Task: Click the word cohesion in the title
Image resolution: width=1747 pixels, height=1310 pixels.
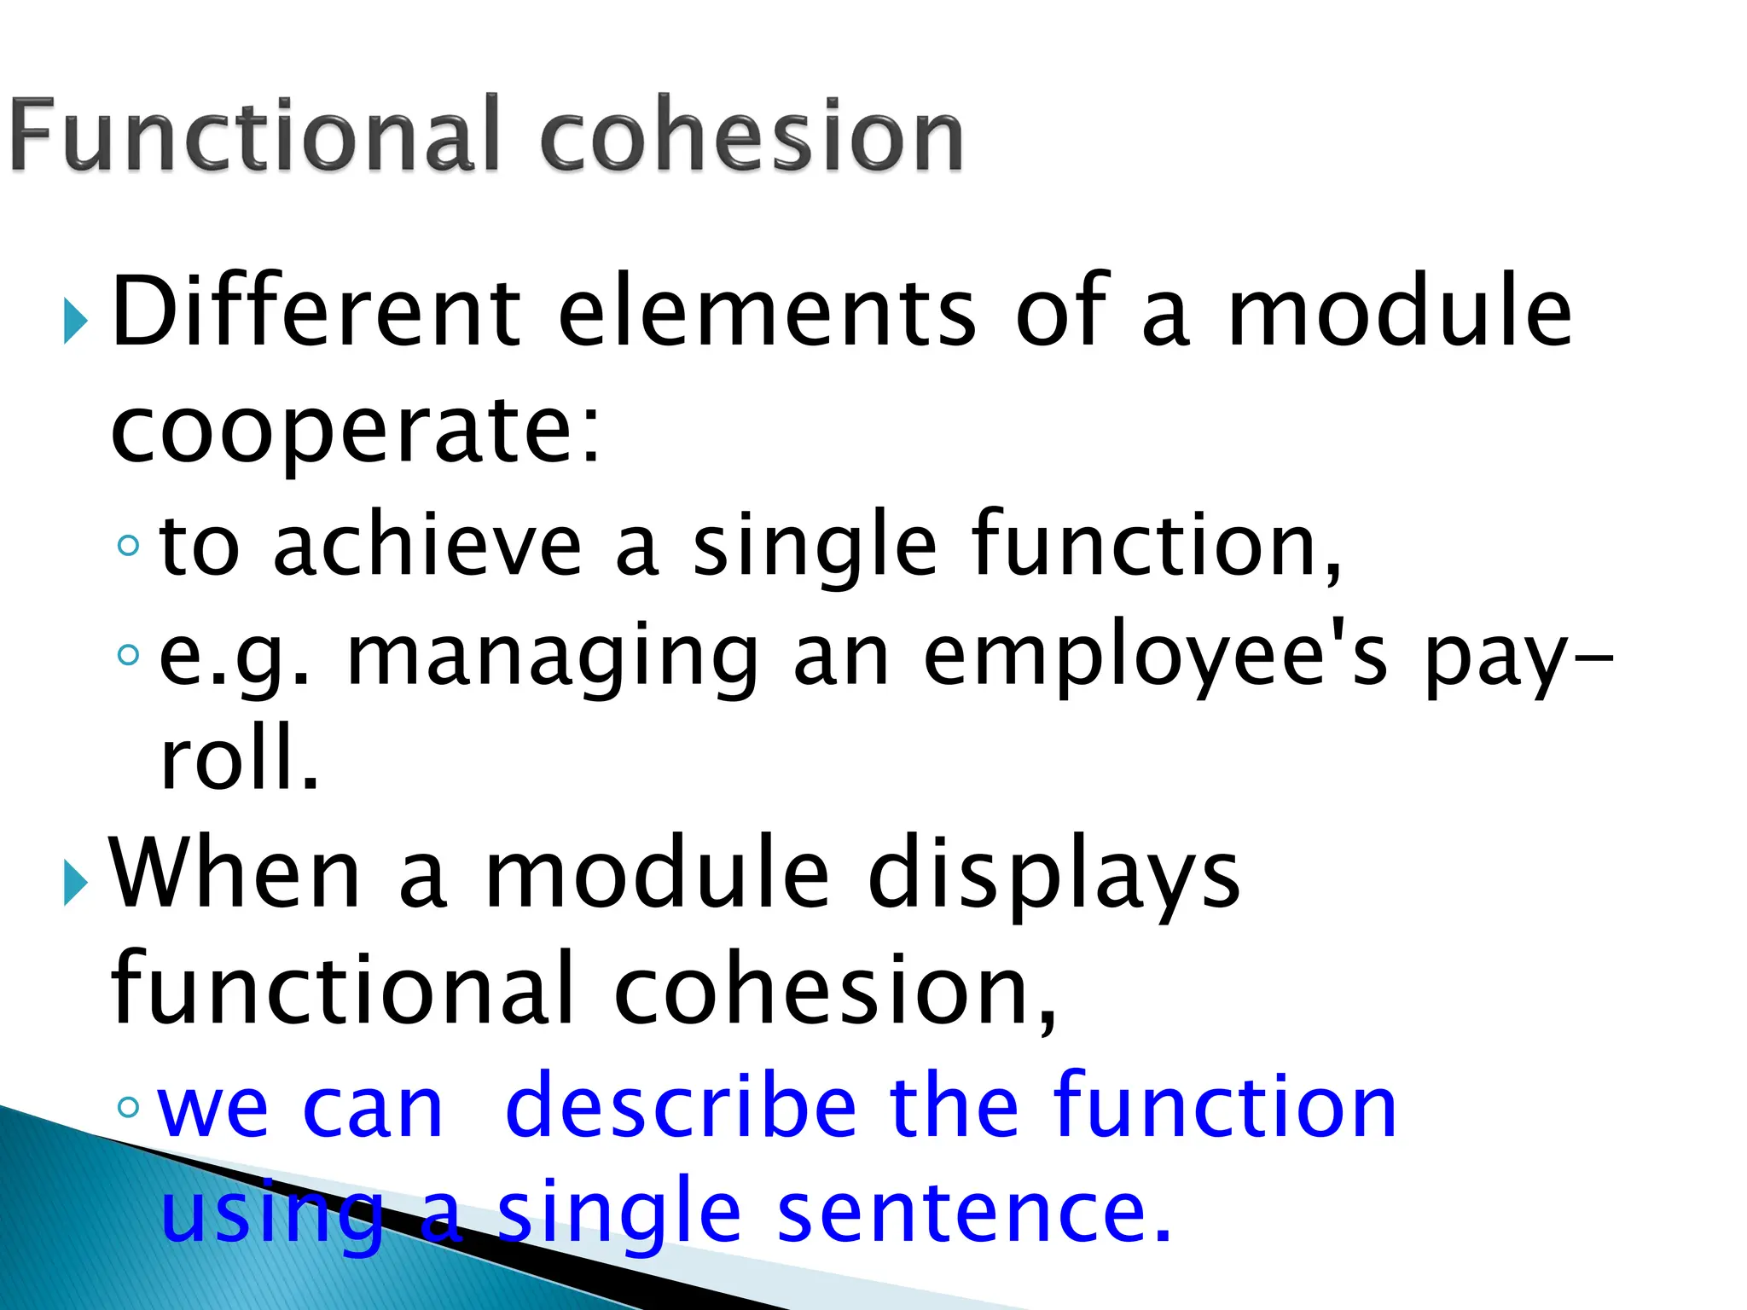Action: (752, 135)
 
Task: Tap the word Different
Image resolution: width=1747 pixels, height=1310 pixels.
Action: (316, 311)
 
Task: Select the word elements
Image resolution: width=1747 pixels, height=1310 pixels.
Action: (767, 311)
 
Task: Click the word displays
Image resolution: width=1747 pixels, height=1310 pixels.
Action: (1053, 874)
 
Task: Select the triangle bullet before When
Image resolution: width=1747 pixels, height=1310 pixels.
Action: (76, 883)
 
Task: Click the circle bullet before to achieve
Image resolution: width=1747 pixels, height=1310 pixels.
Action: (128, 545)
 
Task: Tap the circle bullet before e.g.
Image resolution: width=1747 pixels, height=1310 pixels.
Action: (128, 654)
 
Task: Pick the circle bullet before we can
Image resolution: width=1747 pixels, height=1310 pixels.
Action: (128, 1107)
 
